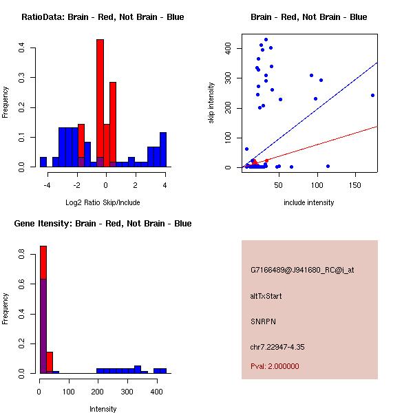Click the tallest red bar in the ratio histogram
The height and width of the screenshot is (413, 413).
[100, 103]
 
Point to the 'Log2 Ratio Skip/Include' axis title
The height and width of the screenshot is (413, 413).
[103, 202]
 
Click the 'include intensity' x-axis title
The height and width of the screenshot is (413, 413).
[308, 202]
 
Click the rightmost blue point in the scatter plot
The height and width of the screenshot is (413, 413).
[372, 96]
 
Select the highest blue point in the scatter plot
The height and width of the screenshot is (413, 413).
[266, 40]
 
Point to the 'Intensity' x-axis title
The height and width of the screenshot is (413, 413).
[103, 409]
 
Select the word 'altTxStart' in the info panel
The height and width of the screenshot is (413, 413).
[266, 296]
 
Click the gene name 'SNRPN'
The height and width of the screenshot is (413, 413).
[263, 321]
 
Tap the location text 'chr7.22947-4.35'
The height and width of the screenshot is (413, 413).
[276, 347]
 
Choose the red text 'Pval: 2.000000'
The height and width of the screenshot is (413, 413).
[275, 366]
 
